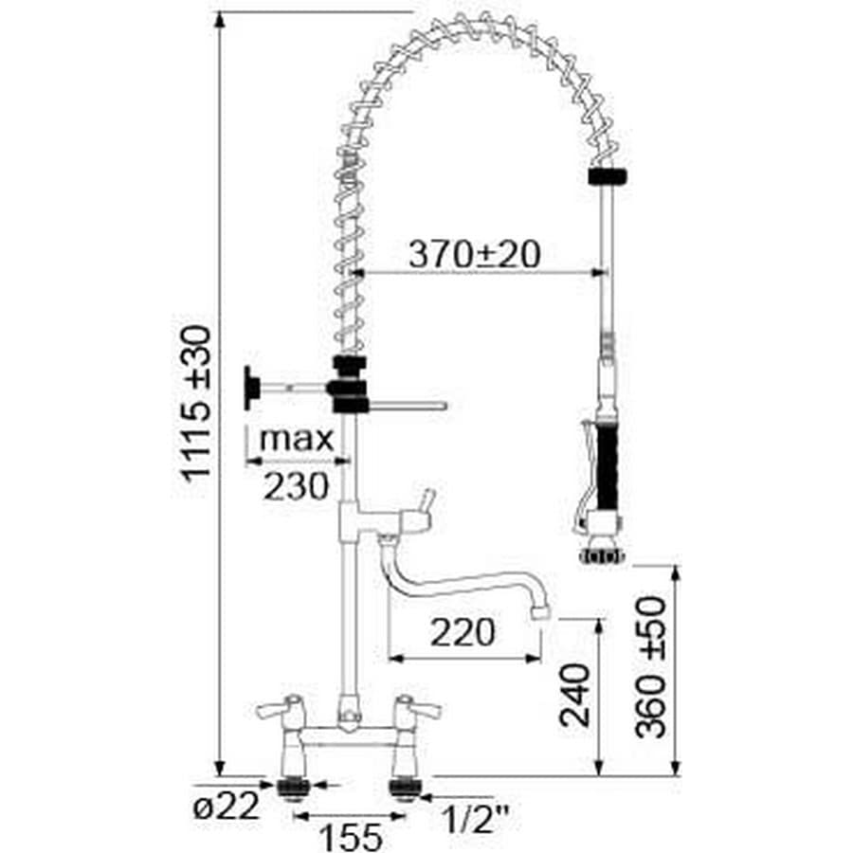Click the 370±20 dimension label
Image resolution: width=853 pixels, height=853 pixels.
tap(475, 255)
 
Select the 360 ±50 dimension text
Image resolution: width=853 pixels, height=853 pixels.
tap(651, 666)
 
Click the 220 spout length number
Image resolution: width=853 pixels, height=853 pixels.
tap(463, 632)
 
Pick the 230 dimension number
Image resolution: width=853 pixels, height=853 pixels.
tap(297, 486)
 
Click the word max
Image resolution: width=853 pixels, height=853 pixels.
tap(297, 439)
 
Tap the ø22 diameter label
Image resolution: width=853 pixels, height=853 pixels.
tap(227, 806)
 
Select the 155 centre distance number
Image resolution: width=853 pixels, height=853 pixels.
tap(351, 836)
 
